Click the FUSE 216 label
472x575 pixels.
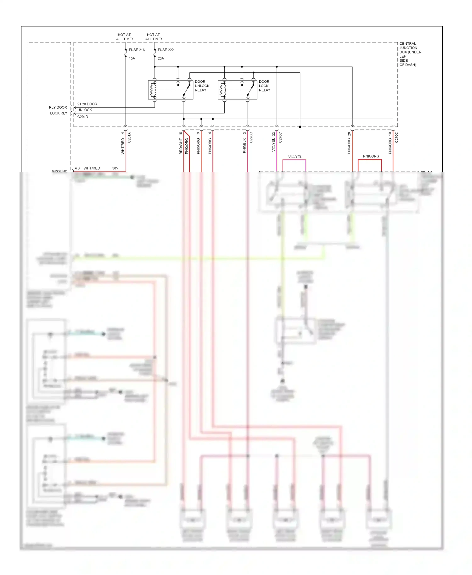(137, 50)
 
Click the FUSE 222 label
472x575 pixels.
(166, 50)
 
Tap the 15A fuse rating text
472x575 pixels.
(132, 58)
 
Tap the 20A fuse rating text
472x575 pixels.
(161, 58)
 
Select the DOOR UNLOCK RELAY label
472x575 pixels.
(202, 86)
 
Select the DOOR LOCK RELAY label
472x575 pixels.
(264, 86)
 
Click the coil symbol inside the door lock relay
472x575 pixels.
(223, 90)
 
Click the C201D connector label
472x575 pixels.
(83, 117)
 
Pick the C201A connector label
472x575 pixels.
(129, 138)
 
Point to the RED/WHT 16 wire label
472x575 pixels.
(181, 143)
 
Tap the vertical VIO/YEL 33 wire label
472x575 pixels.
(273, 142)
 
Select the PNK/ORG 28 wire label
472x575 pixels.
(349, 143)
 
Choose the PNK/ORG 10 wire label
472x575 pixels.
(390, 143)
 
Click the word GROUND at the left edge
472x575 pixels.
(59, 171)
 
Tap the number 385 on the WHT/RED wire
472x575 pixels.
(115, 168)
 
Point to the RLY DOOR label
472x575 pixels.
(58, 107)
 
